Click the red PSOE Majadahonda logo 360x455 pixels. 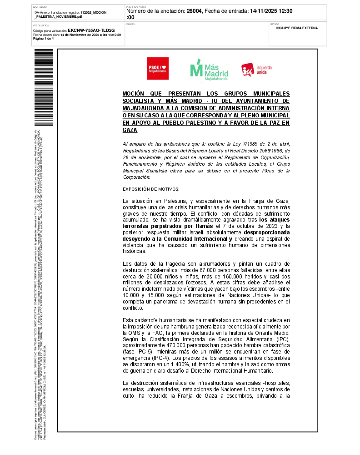pos(157,68)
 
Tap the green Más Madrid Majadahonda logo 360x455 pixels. pos(209,70)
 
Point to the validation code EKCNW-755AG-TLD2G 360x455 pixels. pos(91,30)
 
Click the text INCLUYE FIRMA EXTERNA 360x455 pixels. pos(297,28)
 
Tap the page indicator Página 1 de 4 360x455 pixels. pos(43,39)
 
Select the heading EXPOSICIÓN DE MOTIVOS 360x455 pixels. pos(151,189)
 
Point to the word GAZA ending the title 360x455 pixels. pos(130,130)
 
